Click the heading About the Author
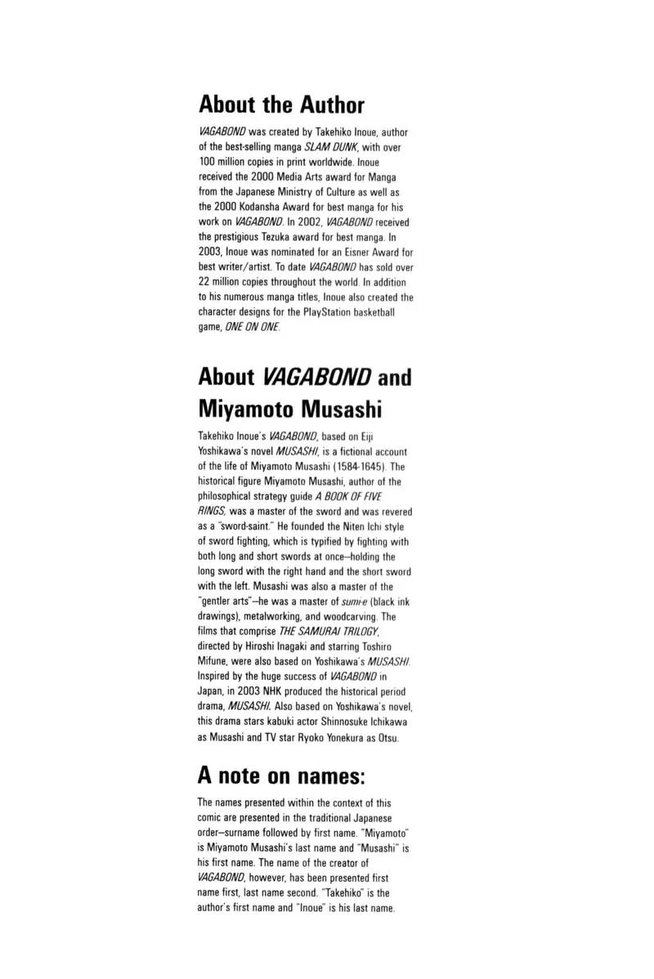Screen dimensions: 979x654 [x=281, y=105]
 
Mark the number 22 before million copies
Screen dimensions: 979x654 [x=205, y=281]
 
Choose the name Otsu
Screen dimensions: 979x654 [x=387, y=737]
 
